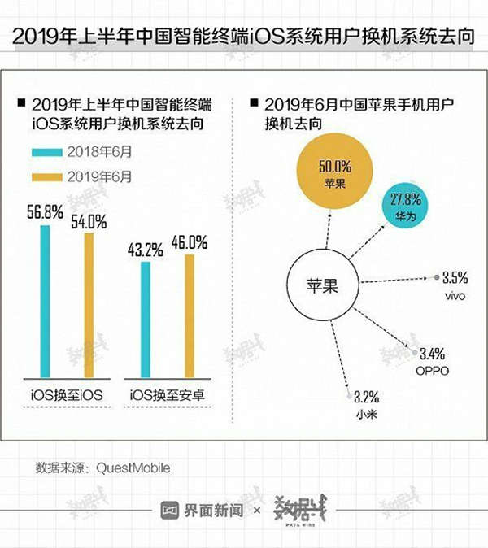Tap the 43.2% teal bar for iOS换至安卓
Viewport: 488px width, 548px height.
pos(146,320)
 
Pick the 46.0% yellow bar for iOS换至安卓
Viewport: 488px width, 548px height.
pos(189,316)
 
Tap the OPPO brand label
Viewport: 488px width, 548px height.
pos(432,371)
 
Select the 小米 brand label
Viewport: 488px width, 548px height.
pos(367,415)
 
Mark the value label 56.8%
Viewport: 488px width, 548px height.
pos(46,213)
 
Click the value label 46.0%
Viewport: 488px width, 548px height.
pos(189,241)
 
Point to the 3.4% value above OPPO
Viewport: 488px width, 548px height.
pos(433,354)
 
